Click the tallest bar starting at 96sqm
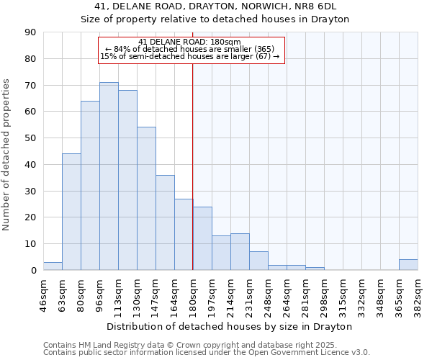point(109,176)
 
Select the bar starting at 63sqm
point(71,212)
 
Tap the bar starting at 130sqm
point(146,199)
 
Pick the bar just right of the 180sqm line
point(202,238)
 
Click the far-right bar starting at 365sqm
point(408,264)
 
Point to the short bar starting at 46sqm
point(53,266)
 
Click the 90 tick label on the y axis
point(30,32)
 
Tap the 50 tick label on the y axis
point(30,138)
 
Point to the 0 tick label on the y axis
point(33,271)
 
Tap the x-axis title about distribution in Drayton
point(230,327)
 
